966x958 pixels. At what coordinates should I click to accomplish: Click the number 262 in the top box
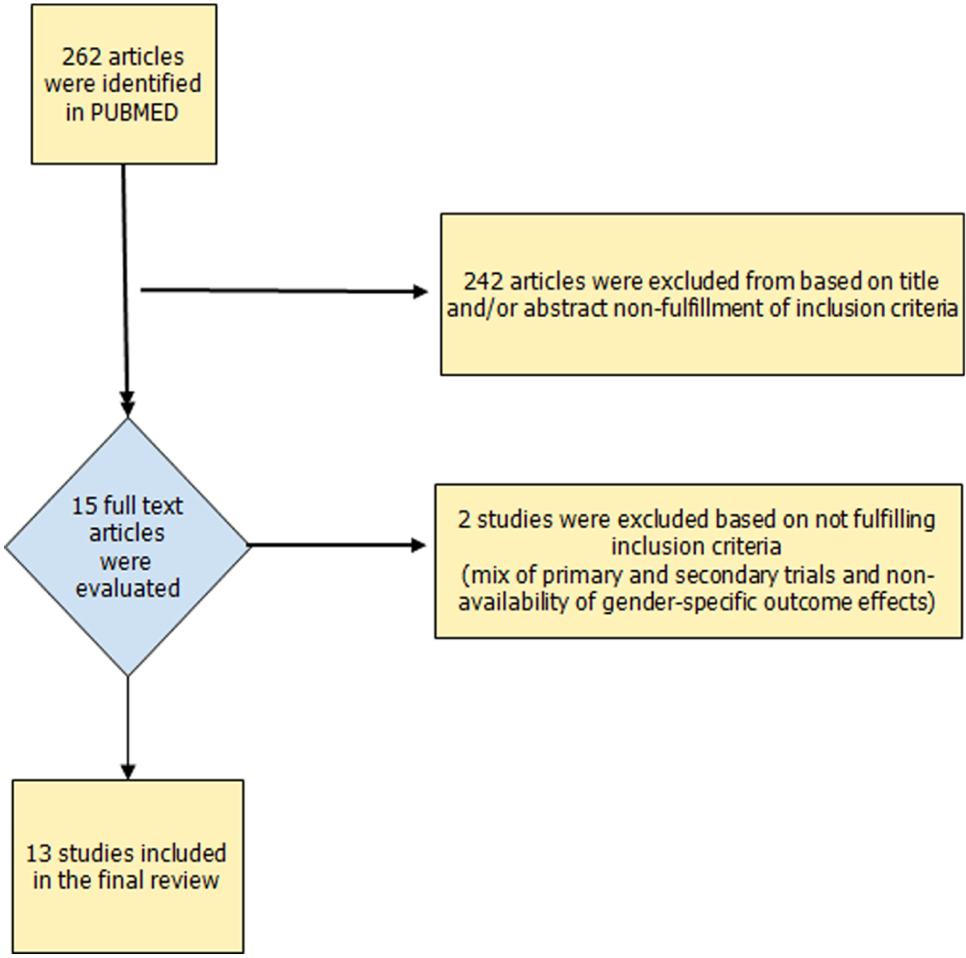tap(82, 57)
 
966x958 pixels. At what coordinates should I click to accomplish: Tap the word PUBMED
tap(135, 112)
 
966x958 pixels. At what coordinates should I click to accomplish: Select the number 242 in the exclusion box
tap(483, 282)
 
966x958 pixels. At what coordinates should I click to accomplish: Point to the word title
tap(919, 282)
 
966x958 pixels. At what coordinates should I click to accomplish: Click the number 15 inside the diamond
tap(84, 506)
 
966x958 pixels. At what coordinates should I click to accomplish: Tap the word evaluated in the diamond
tap(127, 588)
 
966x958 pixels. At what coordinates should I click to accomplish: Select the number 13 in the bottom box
tap(38, 854)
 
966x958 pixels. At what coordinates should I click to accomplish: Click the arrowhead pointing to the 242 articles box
tap(420, 291)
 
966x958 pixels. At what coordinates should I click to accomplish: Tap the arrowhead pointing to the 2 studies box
tap(419, 545)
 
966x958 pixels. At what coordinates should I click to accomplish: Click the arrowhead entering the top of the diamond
tap(128, 408)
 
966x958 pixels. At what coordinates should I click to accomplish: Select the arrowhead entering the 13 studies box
tap(128, 772)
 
